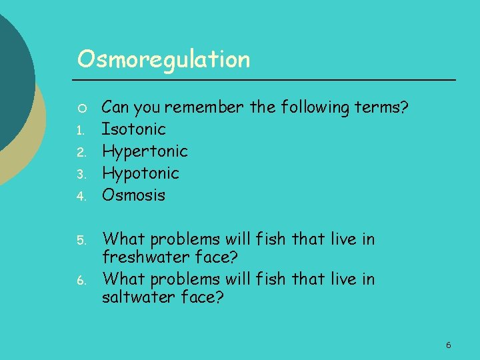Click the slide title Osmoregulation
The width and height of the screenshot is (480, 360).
tap(163, 60)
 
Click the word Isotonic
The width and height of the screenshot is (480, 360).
tap(133, 129)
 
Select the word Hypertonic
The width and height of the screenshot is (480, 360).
tap(145, 151)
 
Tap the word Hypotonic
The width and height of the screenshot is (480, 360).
tap(140, 173)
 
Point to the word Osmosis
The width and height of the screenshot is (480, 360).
tap(133, 195)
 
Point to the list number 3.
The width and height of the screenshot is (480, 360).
tap(80, 175)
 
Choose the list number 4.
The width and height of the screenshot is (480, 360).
tap(80, 197)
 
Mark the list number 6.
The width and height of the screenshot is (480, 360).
tap(80, 281)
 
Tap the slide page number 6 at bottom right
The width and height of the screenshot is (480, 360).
tap(448, 345)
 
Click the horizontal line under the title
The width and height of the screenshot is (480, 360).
tap(267, 80)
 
